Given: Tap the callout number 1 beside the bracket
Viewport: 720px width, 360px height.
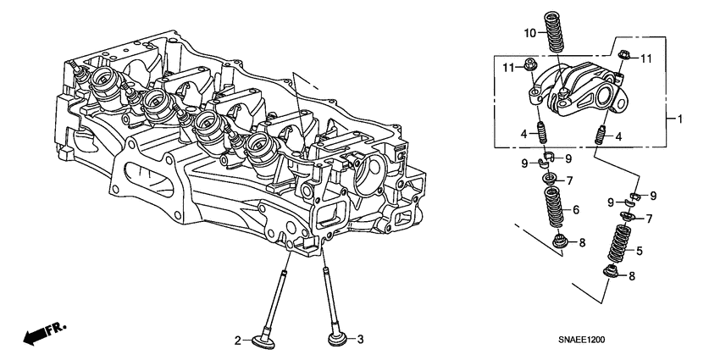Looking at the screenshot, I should coord(678,119).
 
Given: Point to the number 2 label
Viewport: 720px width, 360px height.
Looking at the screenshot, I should coord(238,341).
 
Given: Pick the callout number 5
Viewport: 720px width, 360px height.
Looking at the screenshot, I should coord(640,250).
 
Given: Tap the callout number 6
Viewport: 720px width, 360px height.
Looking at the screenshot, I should coord(575,210).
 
